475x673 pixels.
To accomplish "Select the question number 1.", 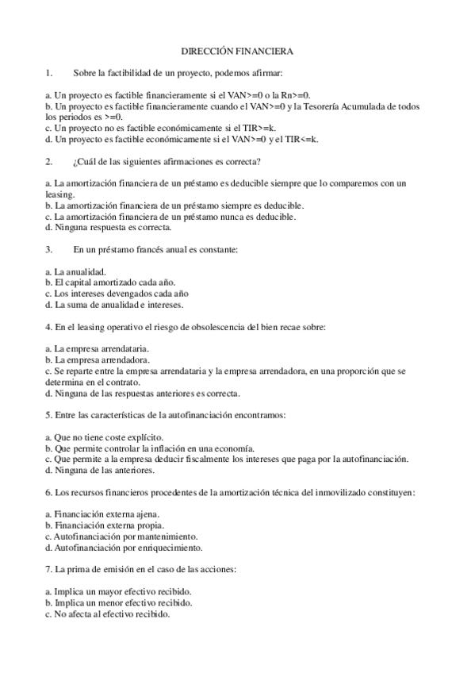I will tap(48, 74).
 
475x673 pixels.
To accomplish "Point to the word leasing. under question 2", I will tap(59, 194).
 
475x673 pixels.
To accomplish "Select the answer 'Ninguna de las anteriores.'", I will tap(98, 470).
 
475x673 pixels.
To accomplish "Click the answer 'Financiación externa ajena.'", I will tap(102, 513).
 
